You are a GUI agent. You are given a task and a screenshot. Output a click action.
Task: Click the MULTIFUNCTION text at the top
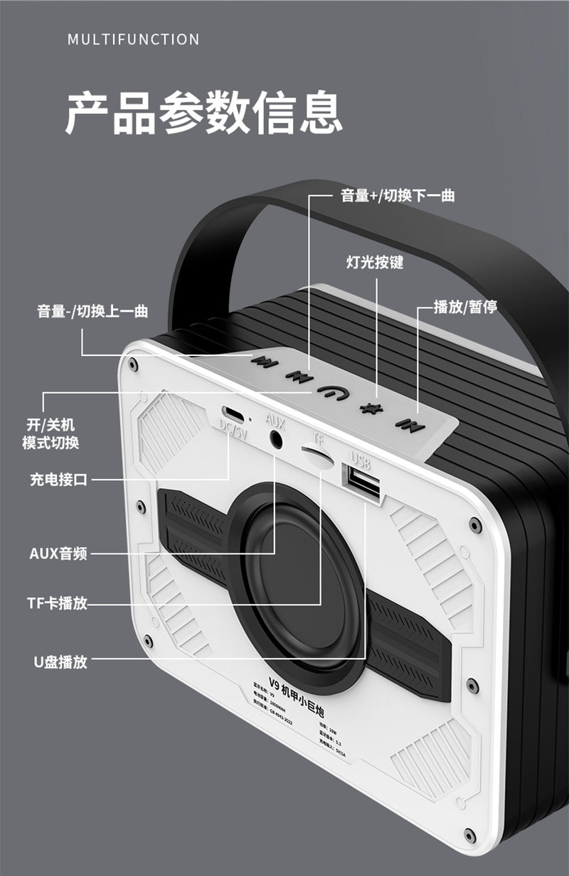click(134, 39)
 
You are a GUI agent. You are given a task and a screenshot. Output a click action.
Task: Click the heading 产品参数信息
click(203, 112)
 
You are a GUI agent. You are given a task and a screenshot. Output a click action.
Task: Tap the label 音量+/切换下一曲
click(398, 195)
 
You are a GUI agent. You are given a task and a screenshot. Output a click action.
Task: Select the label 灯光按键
click(374, 262)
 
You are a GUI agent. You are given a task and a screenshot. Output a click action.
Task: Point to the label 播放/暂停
click(465, 307)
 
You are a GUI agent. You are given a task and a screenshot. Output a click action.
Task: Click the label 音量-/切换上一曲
click(92, 310)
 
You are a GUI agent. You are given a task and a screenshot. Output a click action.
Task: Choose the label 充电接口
click(58, 480)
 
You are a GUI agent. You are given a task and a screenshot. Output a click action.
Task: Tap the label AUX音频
click(58, 553)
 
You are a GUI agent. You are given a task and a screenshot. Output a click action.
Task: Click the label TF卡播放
click(58, 604)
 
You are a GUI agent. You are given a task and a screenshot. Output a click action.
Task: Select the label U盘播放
click(60, 661)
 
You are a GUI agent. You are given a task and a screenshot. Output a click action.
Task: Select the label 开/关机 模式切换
click(50, 434)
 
